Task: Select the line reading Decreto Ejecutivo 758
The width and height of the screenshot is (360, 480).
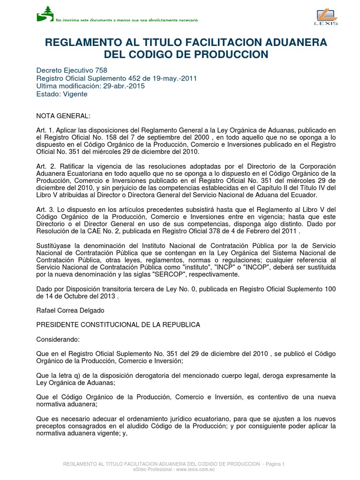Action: coord(72,70)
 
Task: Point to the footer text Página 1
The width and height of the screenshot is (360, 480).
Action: coord(274,464)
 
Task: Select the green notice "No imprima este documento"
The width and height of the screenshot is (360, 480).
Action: coord(127,20)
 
